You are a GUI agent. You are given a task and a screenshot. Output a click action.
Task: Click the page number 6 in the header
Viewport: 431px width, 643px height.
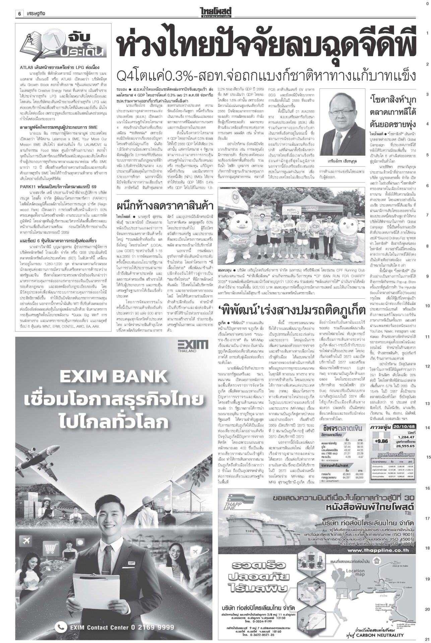(x=20, y=5)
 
